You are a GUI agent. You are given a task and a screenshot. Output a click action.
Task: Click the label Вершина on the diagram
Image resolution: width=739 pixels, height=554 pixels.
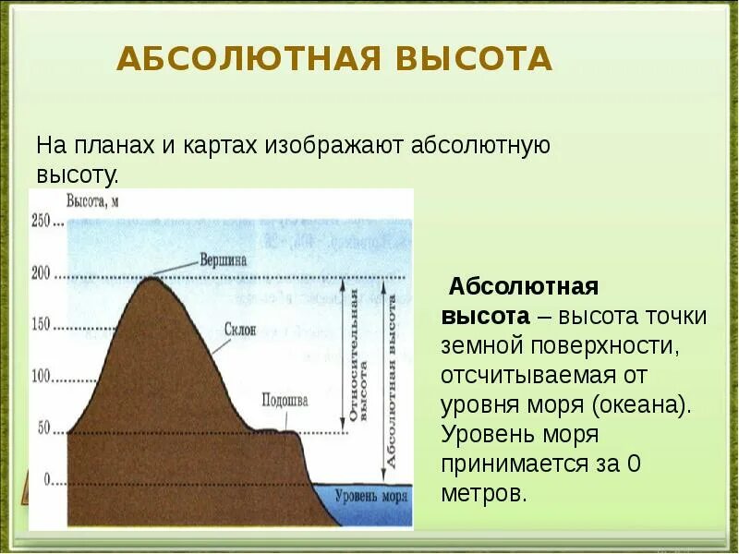(224, 260)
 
